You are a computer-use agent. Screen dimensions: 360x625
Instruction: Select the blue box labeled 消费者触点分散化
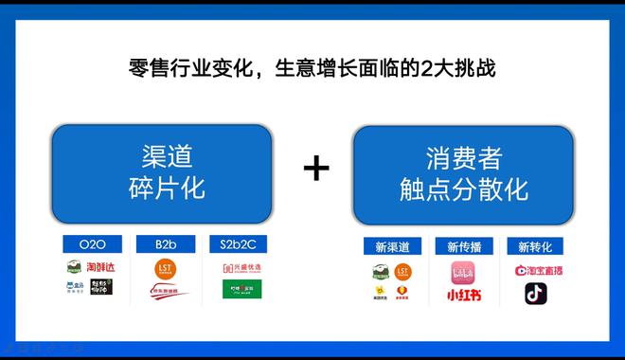click(463, 172)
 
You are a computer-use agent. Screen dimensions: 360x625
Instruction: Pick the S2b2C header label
click(237, 244)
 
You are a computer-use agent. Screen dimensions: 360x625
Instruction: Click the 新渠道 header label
click(391, 246)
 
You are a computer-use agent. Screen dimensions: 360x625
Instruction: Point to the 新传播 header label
click(464, 246)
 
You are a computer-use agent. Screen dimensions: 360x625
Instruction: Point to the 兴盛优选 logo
click(237, 268)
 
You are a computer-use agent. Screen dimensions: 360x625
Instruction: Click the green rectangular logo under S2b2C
click(237, 290)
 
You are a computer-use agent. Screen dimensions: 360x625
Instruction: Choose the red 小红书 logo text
click(464, 295)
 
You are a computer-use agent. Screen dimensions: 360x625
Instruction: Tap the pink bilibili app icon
click(464, 272)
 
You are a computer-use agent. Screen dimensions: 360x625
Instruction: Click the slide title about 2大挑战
click(312, 69)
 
